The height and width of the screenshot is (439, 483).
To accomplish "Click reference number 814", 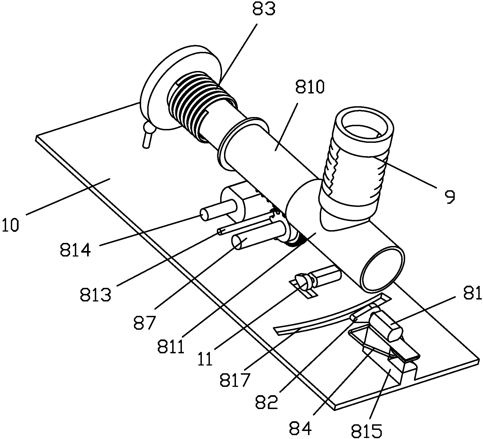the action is (x=75, y=250).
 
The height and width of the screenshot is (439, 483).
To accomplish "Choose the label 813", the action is (x=96, y=295).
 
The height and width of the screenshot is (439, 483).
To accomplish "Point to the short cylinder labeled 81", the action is (x=387, y=326).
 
